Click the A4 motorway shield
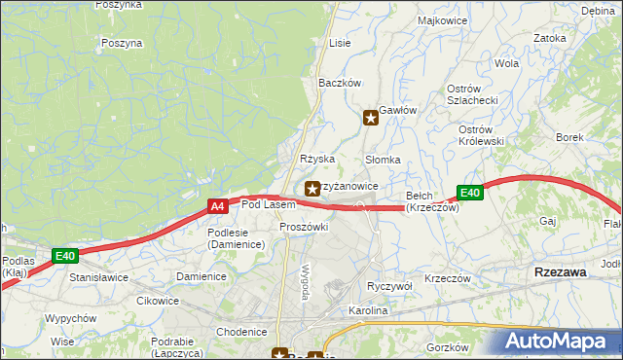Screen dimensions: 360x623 point(218,206)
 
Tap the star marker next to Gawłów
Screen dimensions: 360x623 point(371,119)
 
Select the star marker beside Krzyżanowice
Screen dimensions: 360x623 point(312,188)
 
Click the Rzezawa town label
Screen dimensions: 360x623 point(561,273)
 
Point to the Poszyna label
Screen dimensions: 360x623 point(122,43)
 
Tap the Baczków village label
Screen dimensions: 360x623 point(341,83)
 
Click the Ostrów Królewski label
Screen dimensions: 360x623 point(481,135)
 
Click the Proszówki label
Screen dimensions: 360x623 point(304,227)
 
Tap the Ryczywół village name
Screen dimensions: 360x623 point(390,286)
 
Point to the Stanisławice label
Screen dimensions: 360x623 point(99,277)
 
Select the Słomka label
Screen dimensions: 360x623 point(383,160)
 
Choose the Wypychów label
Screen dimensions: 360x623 point(70,318)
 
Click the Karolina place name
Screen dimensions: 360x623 point(369,311)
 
